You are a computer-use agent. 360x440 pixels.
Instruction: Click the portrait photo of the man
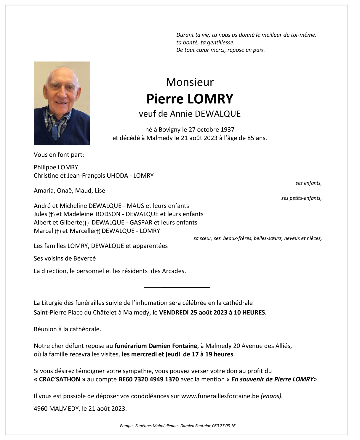pos(62,103)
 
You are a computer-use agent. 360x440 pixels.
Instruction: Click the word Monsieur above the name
pos(190,82)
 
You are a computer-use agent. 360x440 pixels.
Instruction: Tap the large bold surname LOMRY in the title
pos(210,99)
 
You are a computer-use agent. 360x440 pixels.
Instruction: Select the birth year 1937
pos(227,129)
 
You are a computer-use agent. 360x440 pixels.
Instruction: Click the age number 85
pos(250,138)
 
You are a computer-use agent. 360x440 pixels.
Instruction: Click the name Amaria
pos(44,191)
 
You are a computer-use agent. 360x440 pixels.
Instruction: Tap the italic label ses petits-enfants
pos(301,198)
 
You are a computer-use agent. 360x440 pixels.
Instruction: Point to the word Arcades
pos(174,271)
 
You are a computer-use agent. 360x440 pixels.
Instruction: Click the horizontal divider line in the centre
pos(177,287)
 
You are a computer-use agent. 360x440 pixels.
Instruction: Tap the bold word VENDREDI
pos(174,312)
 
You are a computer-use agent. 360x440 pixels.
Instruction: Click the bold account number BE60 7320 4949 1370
pos(148,379)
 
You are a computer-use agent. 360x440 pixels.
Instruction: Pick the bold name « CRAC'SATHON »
pos(60,379)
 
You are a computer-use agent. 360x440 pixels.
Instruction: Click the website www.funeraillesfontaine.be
pos(220,396)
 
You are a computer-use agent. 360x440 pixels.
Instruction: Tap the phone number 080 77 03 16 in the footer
pos(224,426)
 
